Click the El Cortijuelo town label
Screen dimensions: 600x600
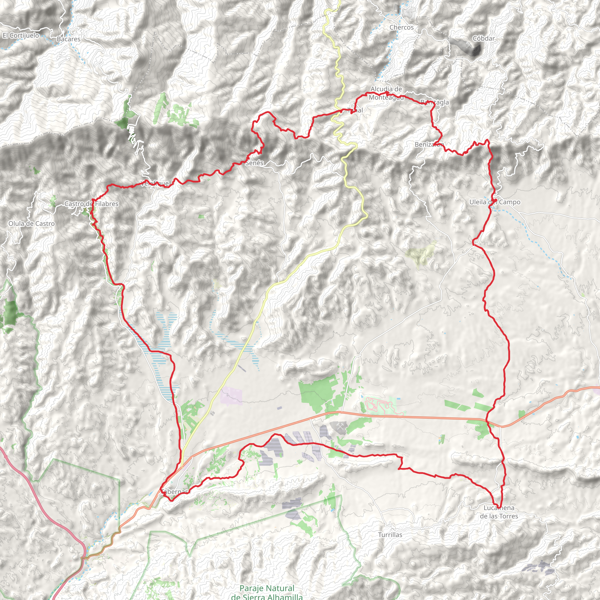(21, 35)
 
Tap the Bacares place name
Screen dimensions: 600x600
(68, 39)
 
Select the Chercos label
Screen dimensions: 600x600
(402, 27)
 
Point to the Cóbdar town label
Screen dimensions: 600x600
(483, 38)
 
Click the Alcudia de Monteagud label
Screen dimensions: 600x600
(386, 93)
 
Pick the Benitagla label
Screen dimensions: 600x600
(435, 102)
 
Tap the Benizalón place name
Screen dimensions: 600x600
(429, 144)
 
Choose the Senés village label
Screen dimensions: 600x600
(254, 163)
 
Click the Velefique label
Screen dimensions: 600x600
(155, 183)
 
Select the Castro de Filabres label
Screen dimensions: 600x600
(91, 204)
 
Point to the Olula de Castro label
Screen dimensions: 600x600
(31, 224)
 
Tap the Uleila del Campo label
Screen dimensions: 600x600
(495, 202)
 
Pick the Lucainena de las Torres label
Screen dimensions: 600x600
(499, 512)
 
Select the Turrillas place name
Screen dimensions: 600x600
(390, 535)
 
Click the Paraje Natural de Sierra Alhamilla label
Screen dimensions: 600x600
(267, 592)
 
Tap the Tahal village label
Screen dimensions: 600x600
(355, 110)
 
